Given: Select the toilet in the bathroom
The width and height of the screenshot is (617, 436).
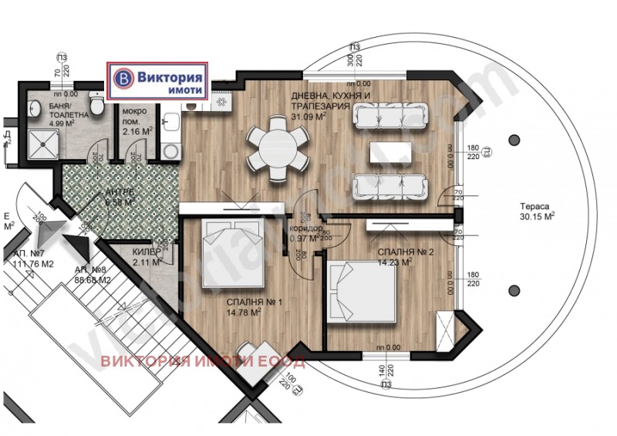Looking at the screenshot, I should pyautogui.click(x=95, y=103).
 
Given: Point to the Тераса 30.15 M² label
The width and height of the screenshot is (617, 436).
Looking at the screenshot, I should pyautogui.click(x=538, y=212).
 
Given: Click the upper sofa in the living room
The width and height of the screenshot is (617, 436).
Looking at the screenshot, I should pyautogui.click(x=389, y=116).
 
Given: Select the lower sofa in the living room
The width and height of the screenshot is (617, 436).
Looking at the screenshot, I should pyautogui.click(x=389, y=186).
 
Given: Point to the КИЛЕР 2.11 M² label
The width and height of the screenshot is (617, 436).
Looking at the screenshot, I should pyautogui.click(x=146, y=257).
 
